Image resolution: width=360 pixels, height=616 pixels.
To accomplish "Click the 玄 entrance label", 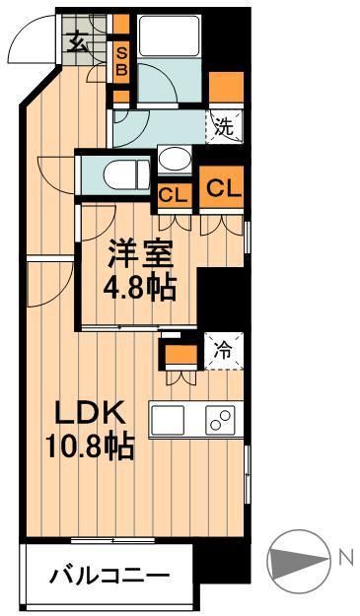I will coord(76,40).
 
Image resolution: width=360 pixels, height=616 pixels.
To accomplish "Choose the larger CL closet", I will coord(223,187).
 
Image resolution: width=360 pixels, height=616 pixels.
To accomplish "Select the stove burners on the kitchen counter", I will coord(219,421).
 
